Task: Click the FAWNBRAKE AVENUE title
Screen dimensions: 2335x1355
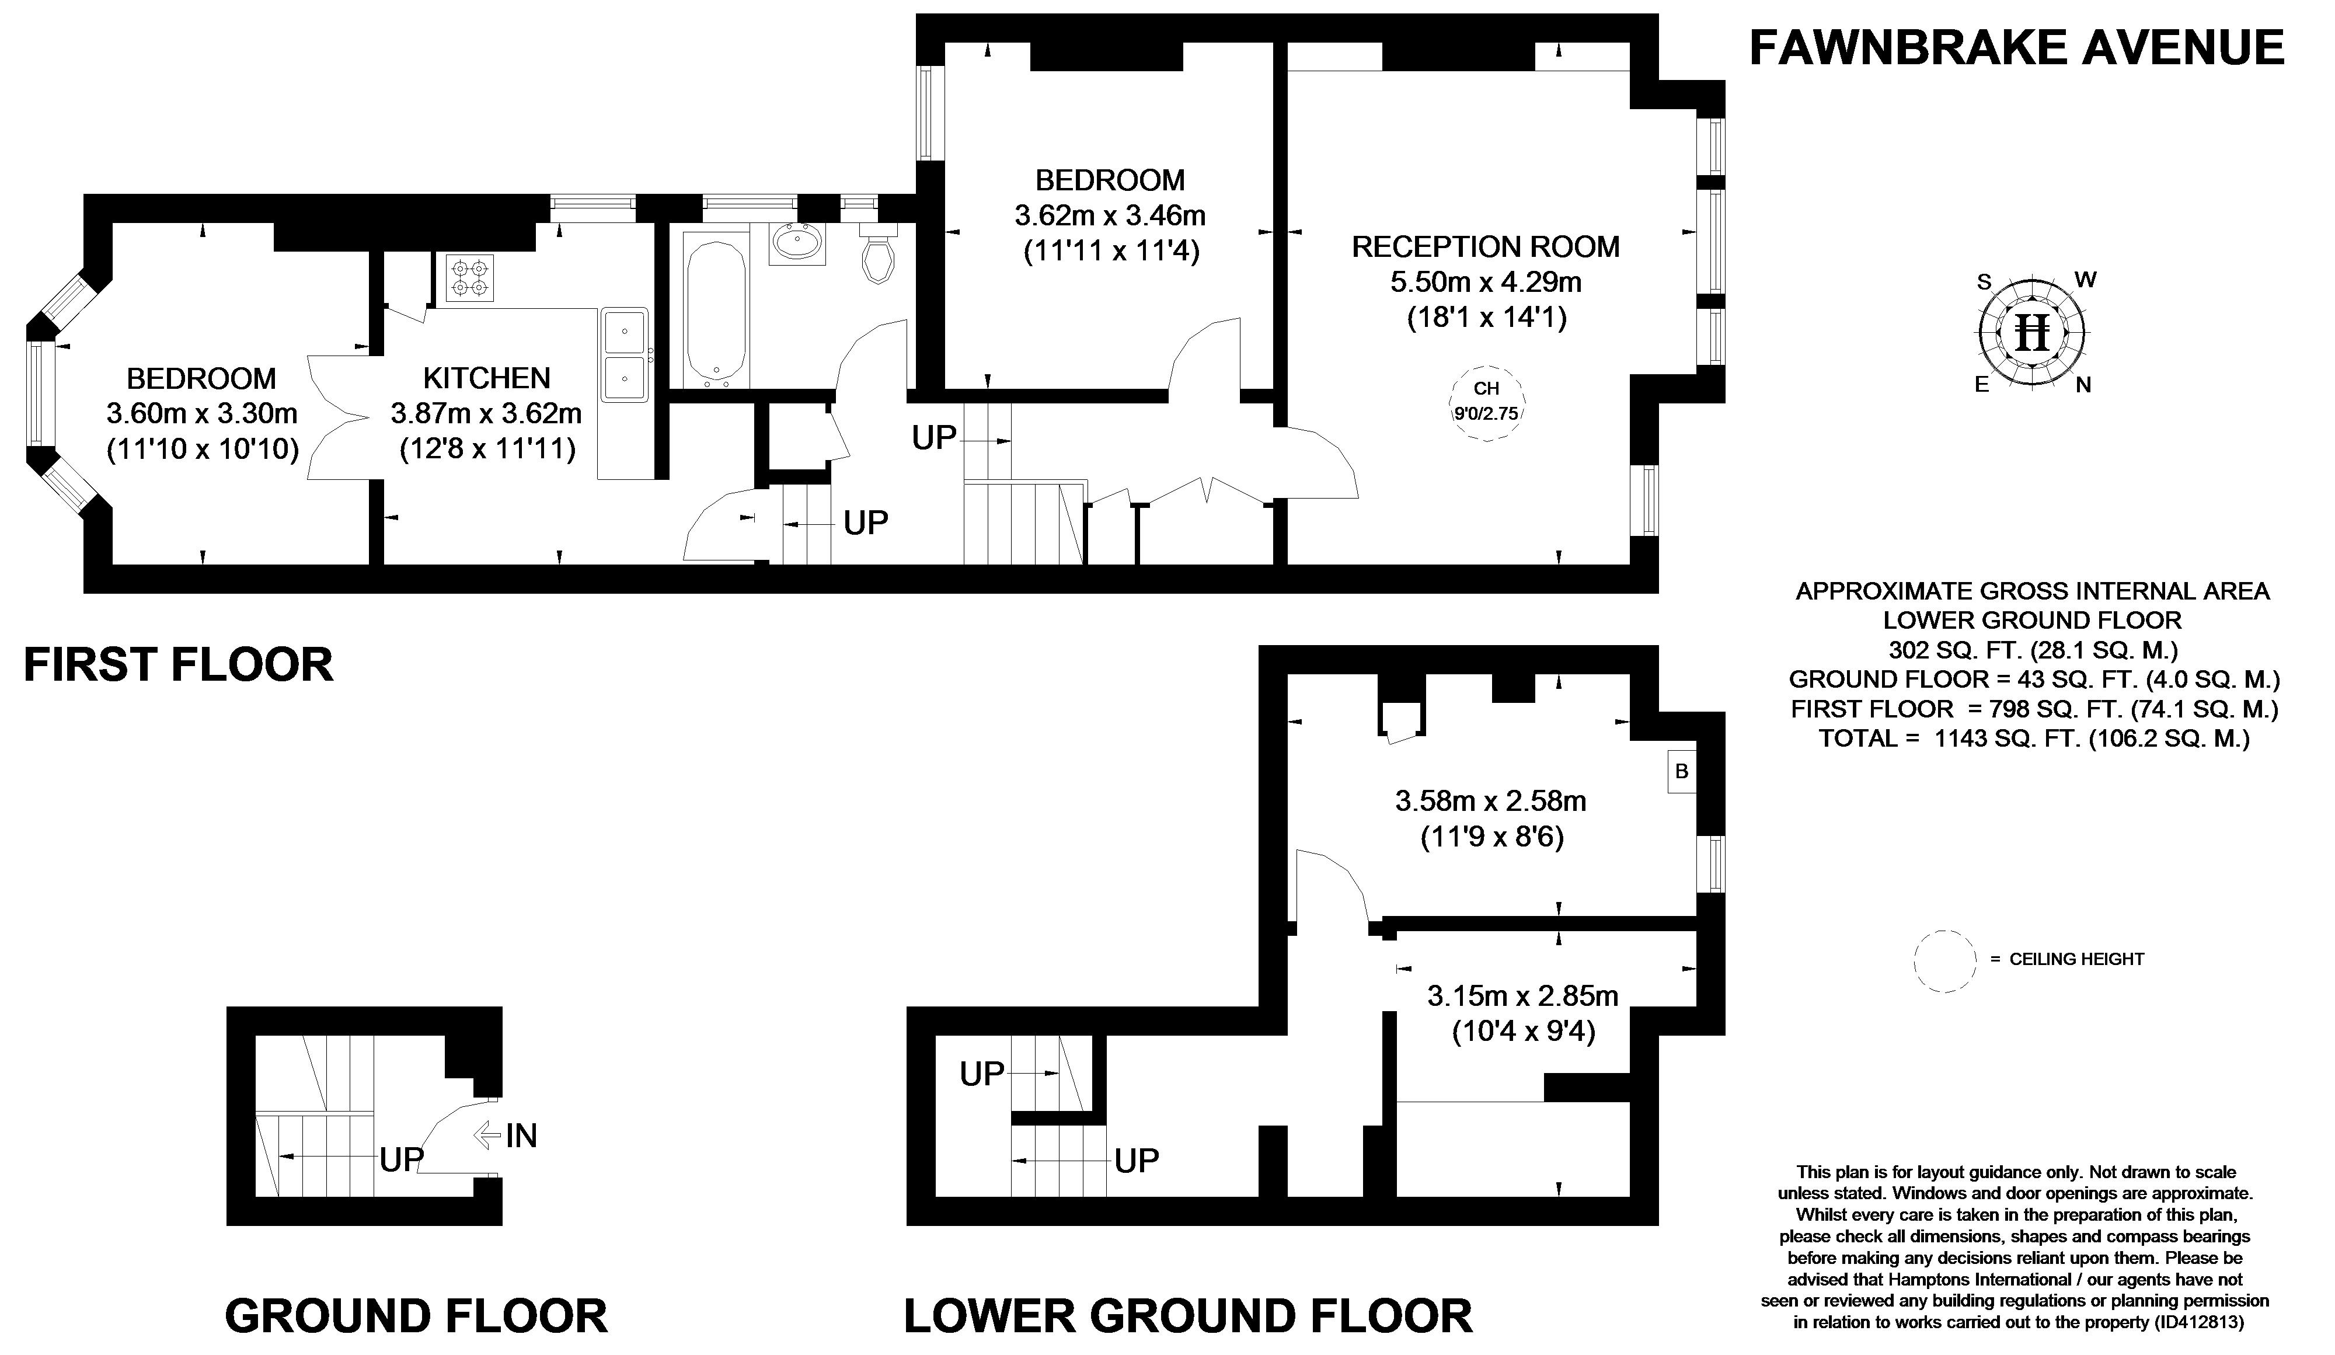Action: click(x=2016, y=48)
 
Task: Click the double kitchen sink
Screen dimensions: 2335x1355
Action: click(x=625, y=355)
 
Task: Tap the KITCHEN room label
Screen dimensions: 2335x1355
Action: click(x=486, y=378)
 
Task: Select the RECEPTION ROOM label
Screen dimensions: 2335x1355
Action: click(x=1485, y=246)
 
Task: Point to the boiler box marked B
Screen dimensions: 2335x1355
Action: click(x=1682, y=771)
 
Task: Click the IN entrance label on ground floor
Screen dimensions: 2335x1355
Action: click(x=521, y=1135)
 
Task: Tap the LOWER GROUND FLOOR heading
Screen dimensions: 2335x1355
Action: click(x=1188, y=1316)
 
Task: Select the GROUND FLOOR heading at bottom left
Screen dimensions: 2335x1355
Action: click(x=416, y=1316)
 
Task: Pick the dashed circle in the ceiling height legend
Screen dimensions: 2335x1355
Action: click(x=1945, y=962)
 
